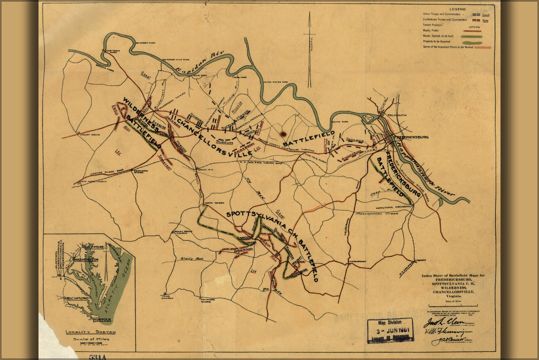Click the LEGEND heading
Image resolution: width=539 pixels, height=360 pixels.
457,9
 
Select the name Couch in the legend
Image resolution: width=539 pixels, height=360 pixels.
486,15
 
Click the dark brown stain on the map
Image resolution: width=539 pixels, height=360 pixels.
283,133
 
